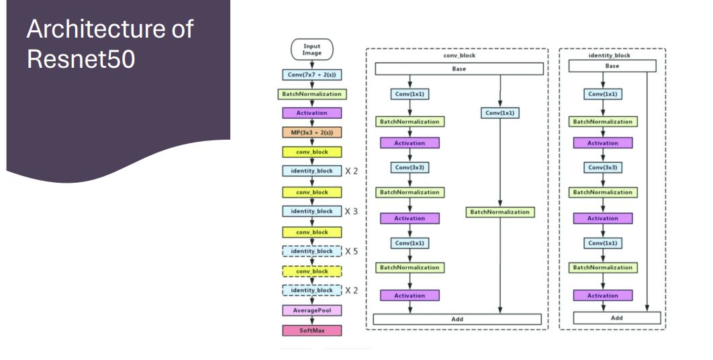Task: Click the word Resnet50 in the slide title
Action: (x=81, y=59)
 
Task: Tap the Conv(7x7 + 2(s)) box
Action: (x=312, y=75)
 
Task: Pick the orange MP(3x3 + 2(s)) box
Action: (x=312, y=132)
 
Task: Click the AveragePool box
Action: (x=312, y=310)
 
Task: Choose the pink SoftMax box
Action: (x=312, y=330)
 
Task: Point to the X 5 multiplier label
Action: (x=351, y=252)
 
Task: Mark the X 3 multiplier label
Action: (x=351, y=212)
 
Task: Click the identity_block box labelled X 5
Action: (x=312, y=252)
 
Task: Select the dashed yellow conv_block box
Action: (x=312, y=271)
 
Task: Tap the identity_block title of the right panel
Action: (x=612, y=55)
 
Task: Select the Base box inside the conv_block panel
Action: (x=459, y=69)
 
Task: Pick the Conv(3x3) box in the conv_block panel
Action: (x=410, y=167)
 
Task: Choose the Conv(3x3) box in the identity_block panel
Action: (x=602, y=167)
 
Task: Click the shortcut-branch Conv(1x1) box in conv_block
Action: (x=500, y=113)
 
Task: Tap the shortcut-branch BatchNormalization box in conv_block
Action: (x=500, y=212)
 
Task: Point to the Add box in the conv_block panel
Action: (x=457, y=319)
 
